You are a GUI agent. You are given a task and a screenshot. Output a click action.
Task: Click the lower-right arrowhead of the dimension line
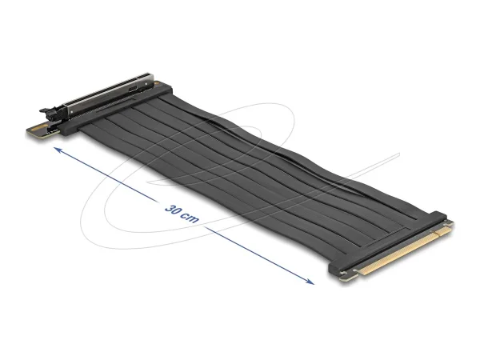coord(311,282)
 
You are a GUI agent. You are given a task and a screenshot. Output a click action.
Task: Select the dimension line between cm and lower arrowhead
coord(256,254)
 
